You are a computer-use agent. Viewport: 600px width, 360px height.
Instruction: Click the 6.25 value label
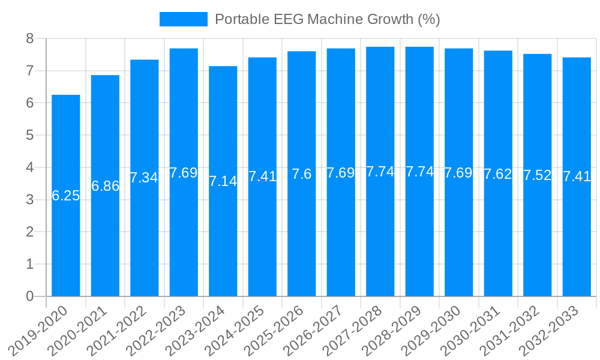point(65,196)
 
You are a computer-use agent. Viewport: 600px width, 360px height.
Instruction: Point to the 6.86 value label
point(105,186)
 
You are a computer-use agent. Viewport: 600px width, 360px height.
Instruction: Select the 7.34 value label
point(144,178)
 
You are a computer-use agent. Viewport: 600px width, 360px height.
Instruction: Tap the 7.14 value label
point(223,181)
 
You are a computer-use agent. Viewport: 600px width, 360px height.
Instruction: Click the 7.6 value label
point(302,174)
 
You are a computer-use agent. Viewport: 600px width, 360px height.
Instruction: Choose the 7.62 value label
point(498,174)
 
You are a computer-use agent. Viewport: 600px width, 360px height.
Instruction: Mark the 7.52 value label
point(538,175)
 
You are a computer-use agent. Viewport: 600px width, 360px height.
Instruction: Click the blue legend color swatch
point(183,19)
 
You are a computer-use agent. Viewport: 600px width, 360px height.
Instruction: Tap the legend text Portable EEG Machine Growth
point(327,19)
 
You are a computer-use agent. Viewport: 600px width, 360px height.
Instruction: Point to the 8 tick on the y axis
point(29,39)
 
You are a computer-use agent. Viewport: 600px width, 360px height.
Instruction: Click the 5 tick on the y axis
point(29,136)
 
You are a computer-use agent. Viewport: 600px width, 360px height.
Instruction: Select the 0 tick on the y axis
point(29,296)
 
